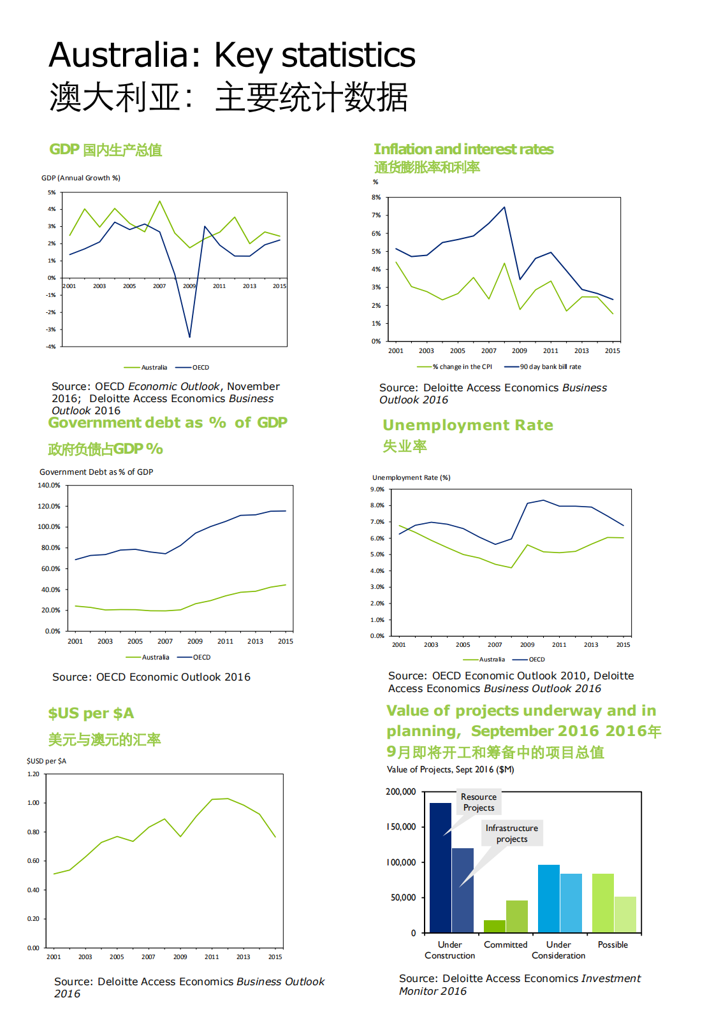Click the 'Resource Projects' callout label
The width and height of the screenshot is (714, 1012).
pos(479,802)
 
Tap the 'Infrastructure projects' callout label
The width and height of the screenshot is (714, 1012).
pos(512,834)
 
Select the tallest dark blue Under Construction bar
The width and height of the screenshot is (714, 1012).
pos(441,867)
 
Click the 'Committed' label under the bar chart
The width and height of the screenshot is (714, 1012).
pos(506,944)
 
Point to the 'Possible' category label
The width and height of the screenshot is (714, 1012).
pos(613,944)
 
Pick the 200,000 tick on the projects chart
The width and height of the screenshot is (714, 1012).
pos(400,792)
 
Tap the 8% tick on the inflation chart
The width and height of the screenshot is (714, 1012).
pos(376,198)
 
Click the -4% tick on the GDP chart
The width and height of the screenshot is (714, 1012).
pos(51,347)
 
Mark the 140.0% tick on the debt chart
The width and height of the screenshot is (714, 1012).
pos(49,486)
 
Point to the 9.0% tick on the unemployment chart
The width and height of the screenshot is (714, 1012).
pos(377,489)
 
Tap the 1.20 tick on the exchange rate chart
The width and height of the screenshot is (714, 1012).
pos(33,774)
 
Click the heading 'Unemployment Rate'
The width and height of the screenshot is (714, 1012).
pos(468,425)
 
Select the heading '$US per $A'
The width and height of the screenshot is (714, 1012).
pos(91,714)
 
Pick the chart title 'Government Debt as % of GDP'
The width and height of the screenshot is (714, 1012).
pos(96,472)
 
